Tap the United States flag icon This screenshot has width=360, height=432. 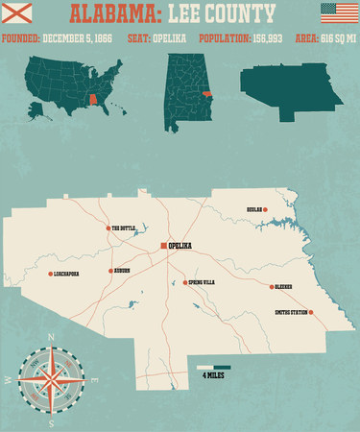point(337,13)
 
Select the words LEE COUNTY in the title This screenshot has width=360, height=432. point(221,14)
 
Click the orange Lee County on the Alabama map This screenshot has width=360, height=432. point(207,93)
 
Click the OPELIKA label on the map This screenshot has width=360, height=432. point(180,246)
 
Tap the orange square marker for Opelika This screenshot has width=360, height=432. point(163,246)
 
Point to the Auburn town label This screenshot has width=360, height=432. point(122,271)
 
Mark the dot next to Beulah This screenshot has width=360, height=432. point(266,208)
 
